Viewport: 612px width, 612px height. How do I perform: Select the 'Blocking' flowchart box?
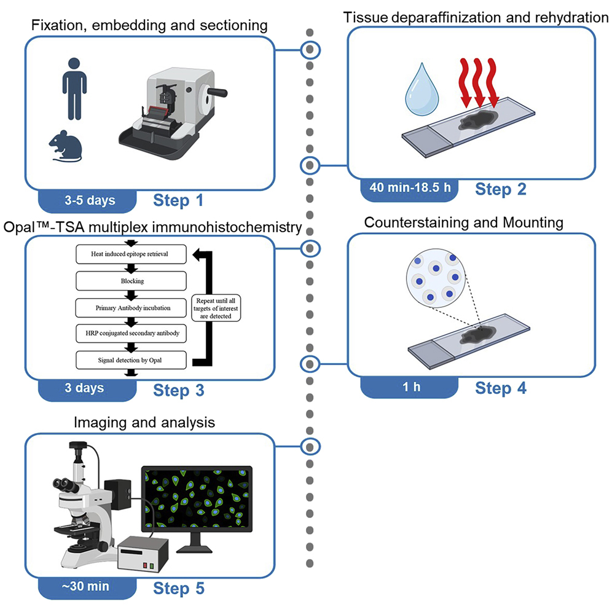[x=130, y=281]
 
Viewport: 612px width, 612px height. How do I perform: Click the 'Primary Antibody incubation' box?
[x=130, y=307]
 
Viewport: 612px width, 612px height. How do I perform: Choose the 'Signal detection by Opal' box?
[x=130, y=359]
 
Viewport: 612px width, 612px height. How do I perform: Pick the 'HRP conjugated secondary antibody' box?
[x=130, y=334]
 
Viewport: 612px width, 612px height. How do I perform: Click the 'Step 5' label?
[x=178, y=588]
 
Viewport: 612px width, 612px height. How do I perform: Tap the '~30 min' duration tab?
[x=85, y=587]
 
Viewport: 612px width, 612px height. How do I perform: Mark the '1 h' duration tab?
[x=409, y=388]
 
